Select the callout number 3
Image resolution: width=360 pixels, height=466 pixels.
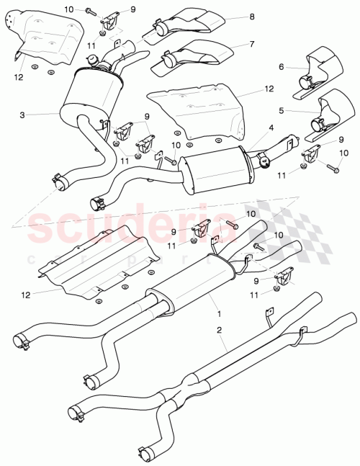[22, 115]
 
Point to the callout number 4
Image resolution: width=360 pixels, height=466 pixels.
[271, 128]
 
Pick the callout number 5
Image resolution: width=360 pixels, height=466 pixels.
[282, 111]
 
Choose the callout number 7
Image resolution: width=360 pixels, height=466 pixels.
[252, 45]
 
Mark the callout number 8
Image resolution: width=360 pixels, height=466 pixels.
[252, 17]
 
